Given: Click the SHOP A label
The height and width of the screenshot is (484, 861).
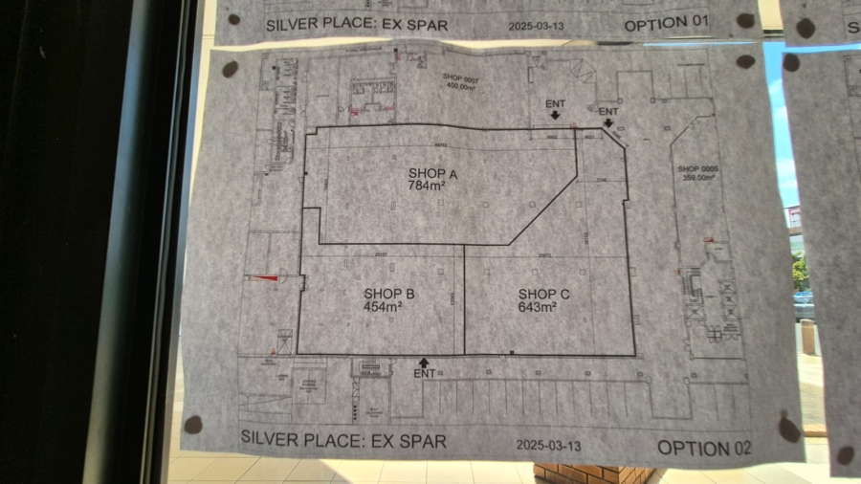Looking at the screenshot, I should coord(433,173).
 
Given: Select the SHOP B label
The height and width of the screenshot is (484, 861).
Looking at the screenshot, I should coord(388,294).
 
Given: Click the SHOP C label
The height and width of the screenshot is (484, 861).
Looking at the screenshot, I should coord(543,294).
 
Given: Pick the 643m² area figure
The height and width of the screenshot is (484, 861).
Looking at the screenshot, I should coord(538,307).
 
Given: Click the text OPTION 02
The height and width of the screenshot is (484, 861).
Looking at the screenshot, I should coord(704,447).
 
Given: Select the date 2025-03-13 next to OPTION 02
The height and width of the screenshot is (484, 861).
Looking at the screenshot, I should coord(549,445).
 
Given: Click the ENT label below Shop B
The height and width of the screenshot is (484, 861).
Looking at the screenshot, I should coord(425,374).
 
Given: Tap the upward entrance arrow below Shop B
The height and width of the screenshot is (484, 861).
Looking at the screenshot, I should coord(424,362).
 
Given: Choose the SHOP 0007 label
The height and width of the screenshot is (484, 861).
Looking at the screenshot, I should coord(458,76).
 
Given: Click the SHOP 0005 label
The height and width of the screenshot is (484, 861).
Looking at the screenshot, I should coord(696,168).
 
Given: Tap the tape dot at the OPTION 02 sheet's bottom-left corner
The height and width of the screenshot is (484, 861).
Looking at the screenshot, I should coord(193,424).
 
